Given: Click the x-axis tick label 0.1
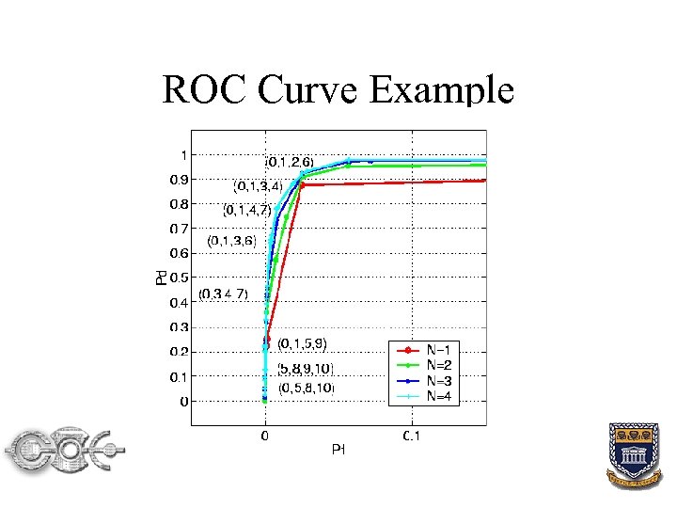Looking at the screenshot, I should coord(412,437).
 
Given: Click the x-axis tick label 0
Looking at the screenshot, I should coord(265,437).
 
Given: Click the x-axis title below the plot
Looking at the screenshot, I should coord(339,451).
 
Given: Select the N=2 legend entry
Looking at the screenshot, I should coord(440,363).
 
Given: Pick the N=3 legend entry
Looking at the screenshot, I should coord(440,379).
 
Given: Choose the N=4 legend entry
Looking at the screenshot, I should coord(440,395).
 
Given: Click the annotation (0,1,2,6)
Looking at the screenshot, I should coord(295,161).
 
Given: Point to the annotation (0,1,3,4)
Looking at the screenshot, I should coord(258,185).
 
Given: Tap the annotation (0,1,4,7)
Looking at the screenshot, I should coord(247,210).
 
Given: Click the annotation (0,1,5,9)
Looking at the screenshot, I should coord(302,343).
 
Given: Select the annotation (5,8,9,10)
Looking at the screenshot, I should coord(305,368).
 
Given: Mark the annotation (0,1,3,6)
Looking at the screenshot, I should coord(232,241).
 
